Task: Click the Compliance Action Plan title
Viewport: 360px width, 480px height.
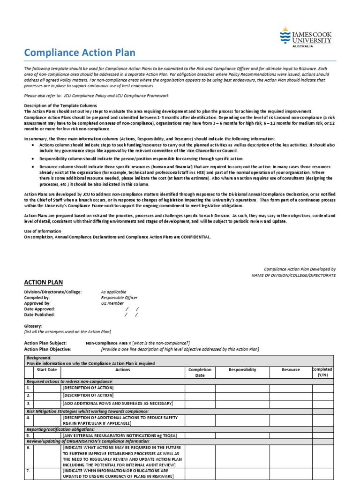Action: point(80,53)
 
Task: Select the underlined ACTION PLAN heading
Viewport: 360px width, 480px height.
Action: point(43,282)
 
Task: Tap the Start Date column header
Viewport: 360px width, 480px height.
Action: point(46,370)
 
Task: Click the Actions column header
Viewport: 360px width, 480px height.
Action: point(123,370)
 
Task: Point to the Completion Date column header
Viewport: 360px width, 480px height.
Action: point(200,373)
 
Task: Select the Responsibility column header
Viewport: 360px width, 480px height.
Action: point(242,370)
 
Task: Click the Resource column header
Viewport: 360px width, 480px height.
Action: point(291,370)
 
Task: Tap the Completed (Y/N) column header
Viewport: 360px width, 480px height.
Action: point(322,372)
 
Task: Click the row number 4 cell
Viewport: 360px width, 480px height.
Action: point(29,417)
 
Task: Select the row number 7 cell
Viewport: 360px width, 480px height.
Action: point(29,471)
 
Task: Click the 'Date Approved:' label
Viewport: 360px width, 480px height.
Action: point(39,309)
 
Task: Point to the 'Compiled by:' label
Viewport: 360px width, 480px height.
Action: point(37,298)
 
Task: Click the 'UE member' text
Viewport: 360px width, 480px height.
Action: point(112,303)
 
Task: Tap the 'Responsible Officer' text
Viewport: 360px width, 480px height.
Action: point(120,298)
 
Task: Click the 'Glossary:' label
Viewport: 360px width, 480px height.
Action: point(33,326)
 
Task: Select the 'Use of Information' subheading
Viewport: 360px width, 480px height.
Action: point(43,231)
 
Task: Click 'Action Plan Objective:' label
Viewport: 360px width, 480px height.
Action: point(47,349)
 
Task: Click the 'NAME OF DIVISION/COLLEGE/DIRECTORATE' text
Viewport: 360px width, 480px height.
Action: point(293,275)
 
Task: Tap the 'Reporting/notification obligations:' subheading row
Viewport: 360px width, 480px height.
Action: point(61,429)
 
